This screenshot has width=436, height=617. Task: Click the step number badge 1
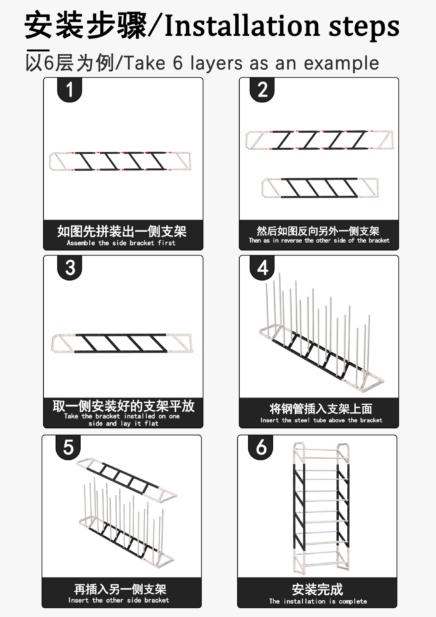point(69,90)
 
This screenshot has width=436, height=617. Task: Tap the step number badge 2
point(262,90)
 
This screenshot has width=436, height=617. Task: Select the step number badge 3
point(70,268)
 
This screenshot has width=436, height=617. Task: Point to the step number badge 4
point(262,268)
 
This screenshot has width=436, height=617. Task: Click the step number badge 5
point(68,447)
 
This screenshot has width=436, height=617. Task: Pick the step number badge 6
point(261,447)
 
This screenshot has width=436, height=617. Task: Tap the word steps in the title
point(364,27)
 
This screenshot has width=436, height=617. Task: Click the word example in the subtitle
point(341,63)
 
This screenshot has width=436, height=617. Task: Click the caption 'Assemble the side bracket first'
point(121,243)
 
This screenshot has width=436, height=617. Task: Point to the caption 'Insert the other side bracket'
point(119,600)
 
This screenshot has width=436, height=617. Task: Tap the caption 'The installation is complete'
point(318,601)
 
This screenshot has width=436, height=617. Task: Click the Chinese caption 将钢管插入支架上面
point(321,409)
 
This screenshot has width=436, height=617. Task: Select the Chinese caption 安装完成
point(317,589)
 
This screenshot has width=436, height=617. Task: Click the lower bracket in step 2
point(320,188)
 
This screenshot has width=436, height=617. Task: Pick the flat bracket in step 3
point(122,344)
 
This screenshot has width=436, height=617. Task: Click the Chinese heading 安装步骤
point(86,25)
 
